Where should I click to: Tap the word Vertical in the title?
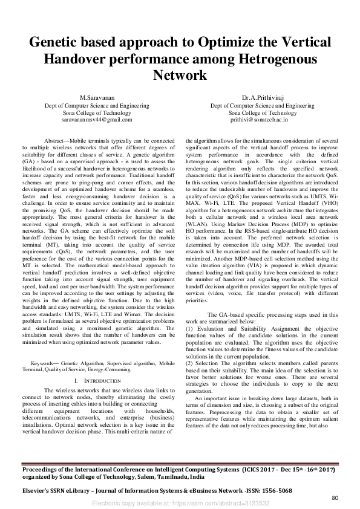pos(305,44)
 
